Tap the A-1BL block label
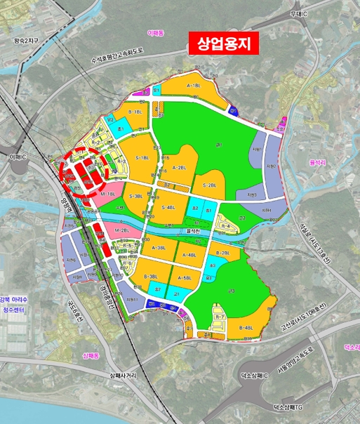(x=194, y=85)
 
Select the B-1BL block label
(x=136, y=112)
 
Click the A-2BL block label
(x=179, y=168)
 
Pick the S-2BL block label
(x=209, y=185)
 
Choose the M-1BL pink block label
(x=107, y=193)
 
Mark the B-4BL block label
(x=246, y=328)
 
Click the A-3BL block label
(x=159, y=248)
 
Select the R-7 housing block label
(x=219, y=317)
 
